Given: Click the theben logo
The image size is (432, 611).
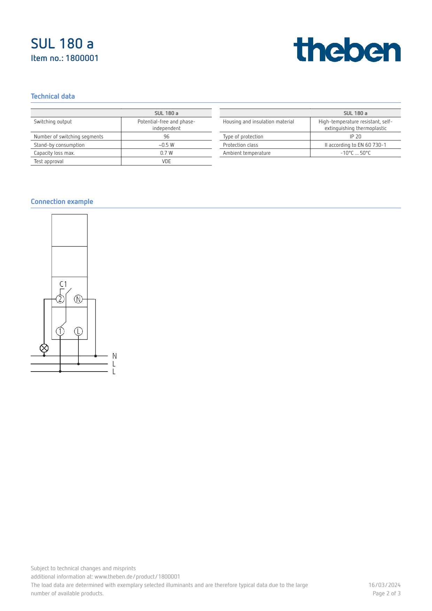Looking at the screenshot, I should click(347, 50).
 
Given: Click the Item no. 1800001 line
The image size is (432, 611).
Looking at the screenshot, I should click(64, 58).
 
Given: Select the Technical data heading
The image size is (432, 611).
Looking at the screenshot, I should click(53, 97).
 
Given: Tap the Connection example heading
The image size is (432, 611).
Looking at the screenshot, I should click(62, 202).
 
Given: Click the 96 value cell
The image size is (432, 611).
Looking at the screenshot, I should click(167, 137).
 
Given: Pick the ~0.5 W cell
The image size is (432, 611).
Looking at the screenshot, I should click(167, 145).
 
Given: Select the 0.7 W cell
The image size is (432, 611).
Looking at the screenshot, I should click(167, 153).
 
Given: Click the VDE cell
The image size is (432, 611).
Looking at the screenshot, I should click(167, 161).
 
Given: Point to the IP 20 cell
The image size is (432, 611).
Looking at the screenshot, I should click(355, 137).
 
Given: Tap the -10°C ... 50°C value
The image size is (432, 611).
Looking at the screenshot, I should click(355, 153).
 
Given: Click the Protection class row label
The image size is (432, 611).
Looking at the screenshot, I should click(240, 145).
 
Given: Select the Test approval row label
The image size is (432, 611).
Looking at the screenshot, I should click(49, 161).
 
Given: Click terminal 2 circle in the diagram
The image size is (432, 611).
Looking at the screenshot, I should click(60, 299).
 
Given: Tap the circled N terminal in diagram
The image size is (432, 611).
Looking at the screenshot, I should click(78, 299).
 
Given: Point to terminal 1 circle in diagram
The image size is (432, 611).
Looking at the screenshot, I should click(60, 331).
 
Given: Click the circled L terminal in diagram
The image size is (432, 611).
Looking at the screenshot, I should click(78, 331).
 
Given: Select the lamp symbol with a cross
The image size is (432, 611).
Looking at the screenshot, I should click(44, 348).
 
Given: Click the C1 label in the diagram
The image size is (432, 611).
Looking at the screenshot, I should click(63, 284).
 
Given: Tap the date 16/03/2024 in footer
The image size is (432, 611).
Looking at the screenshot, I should click(384, 585).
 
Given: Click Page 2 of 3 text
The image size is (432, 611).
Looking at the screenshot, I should click(386, 594).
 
